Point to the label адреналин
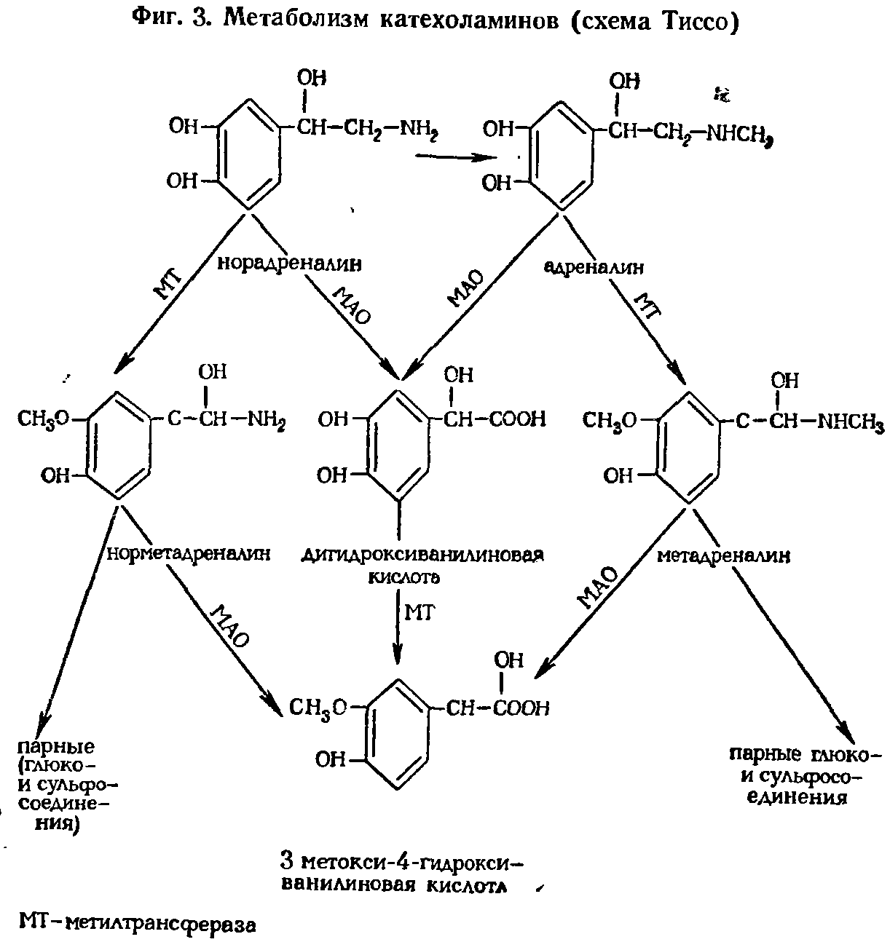tap(594, 267)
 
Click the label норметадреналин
tap(189, 554)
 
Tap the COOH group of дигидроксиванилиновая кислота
tap(518, 419)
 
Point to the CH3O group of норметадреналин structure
tap(44, 419)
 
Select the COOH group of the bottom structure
tap(519, 708)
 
